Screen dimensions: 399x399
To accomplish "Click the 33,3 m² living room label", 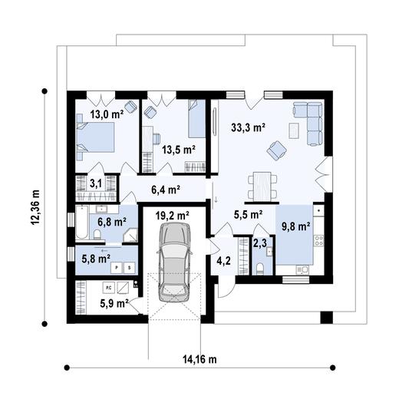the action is coord(248,127).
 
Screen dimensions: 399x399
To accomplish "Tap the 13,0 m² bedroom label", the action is coord(107,114).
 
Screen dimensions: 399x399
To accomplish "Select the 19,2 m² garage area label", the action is coord(173,216).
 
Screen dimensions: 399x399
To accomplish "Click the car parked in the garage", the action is coord(175,262).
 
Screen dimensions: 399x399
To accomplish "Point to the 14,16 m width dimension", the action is coord(199,359).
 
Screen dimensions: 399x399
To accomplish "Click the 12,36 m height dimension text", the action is coord(35,207).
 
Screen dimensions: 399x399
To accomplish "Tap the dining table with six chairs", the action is coord(262,186).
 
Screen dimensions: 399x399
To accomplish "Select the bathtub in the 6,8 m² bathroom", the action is coord(82,222).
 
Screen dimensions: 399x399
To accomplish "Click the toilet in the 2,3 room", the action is coord(260,269).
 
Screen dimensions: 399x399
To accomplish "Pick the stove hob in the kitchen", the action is coord(318,241).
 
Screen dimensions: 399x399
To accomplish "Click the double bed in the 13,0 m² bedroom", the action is coord(95,137).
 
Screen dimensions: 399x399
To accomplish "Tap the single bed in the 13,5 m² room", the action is coord(197,119).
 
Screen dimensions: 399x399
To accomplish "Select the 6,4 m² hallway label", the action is coord(166,190).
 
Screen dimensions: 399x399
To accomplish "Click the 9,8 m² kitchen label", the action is coord(296,226).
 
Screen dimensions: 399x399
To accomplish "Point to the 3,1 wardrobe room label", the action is coord(96,183).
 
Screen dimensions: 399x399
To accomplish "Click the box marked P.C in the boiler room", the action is coord(108,288).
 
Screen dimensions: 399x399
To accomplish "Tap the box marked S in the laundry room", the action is coord(130,268).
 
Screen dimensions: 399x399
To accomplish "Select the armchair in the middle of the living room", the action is coord(277,150).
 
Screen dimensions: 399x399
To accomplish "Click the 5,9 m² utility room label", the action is coord(114,303).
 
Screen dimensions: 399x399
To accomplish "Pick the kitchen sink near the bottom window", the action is coord(302,269).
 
